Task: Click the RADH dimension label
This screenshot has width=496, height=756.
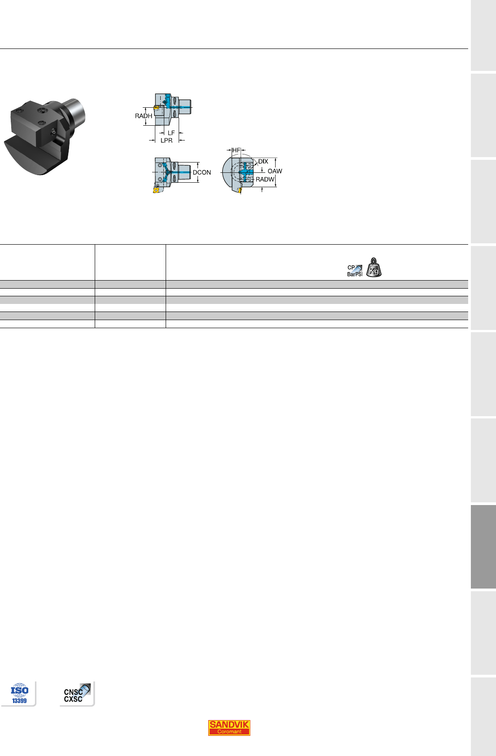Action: (143, 116)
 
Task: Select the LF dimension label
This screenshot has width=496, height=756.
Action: (171, 133)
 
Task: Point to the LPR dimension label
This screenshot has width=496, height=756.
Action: (167, 141)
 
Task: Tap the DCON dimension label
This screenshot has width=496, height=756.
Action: (202, 172)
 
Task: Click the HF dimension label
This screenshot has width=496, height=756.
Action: (236, 150)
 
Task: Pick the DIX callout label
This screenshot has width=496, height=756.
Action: (263, 162)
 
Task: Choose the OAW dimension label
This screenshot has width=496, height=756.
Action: (275, 171)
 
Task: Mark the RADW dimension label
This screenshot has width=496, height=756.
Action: (265, 179)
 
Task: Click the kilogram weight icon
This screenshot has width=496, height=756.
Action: (374, 268)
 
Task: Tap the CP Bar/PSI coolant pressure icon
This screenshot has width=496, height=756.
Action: (355, 271)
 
